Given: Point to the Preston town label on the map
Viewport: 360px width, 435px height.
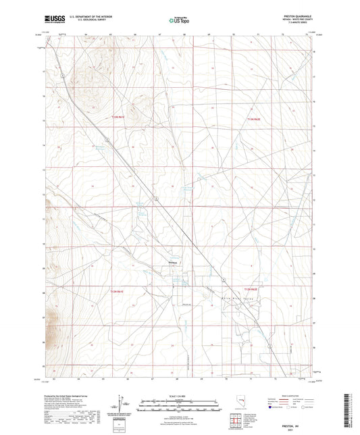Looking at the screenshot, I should (172, 263).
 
